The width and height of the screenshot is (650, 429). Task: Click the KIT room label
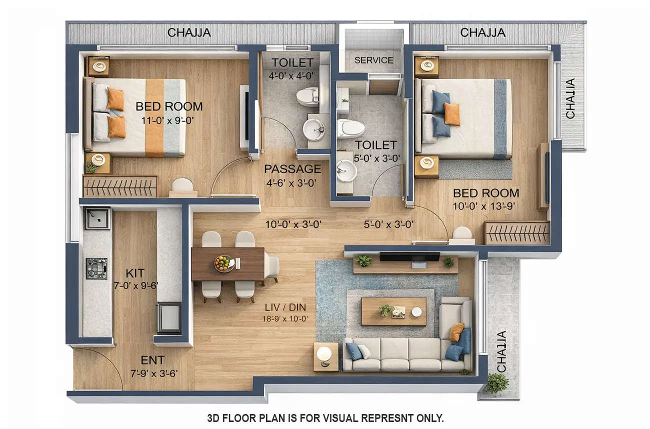click(x=135, y=273)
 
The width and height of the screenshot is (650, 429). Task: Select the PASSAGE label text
click(x=292, y=168)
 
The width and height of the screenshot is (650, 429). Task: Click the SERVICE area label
click(x=373, y=60)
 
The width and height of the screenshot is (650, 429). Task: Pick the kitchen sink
click(x=97, y=218)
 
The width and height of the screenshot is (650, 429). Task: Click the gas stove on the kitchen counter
click(x=96, y=268)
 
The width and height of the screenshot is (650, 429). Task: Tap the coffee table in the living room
click(x=393, y=311)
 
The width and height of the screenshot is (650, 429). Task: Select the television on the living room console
click(x=409, y=257)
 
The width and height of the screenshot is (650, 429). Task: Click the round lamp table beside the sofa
click(x=325, y=355)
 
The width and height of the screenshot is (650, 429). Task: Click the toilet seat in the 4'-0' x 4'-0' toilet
click(x=307, y=96)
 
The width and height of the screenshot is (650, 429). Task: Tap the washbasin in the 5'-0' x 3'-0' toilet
click(x=346, y=171)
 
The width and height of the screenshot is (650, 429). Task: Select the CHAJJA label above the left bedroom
click(x=189, y=33)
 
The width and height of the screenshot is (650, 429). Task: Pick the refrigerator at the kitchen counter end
click(x=168, y=317)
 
